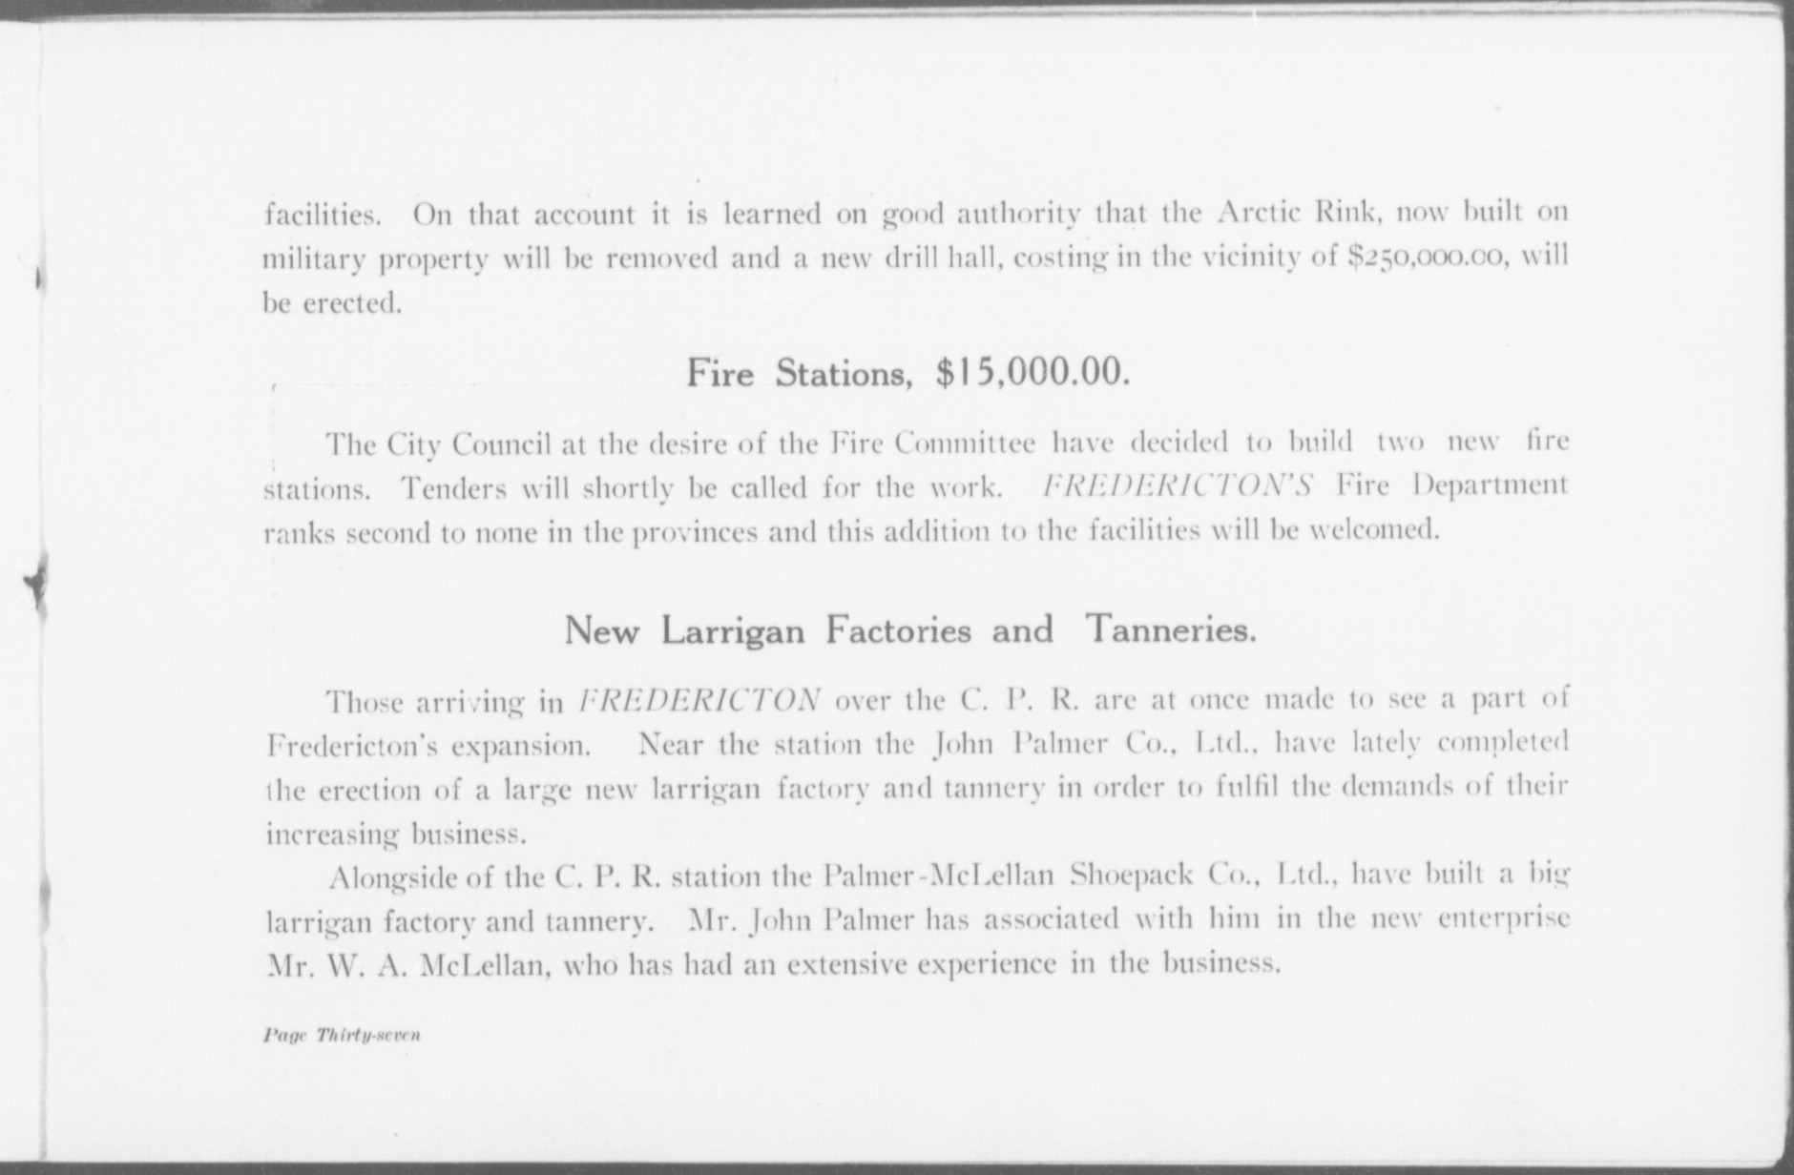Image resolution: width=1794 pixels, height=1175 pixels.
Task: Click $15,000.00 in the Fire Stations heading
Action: click(1033, 373)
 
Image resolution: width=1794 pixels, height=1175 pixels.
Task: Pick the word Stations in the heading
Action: click(841, 373)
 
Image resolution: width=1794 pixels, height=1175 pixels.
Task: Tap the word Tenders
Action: click(453, 488)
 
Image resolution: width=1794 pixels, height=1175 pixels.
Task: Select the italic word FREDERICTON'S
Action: click(1178, 486)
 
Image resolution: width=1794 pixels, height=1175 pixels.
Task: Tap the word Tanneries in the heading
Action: click(1170, 630)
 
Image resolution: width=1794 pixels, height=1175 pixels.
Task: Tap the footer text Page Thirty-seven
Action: click(342, 1035)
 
